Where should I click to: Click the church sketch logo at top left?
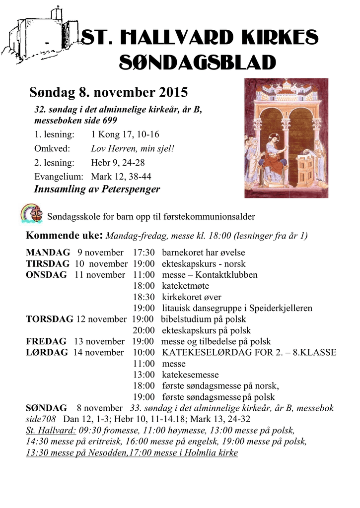click(x=40, y=33)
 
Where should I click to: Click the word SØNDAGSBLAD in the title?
click(x=198, y=63)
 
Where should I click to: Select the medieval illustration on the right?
click(x=286, y=138)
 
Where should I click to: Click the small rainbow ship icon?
click(x=33, y=213)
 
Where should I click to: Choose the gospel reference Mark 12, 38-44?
click(x=121, y=176)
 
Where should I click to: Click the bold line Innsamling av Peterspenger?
click(x=97, y=189)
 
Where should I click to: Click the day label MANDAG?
click(x=48, y=253)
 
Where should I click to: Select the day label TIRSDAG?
click(x=48, y=263)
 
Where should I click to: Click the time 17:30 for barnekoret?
click(x=144, y=253)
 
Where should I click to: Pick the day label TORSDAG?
click(x=49, y=319)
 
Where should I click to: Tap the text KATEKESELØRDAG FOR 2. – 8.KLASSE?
click(x=249, y=353)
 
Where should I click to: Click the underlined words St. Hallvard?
click(x=51, y=430)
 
